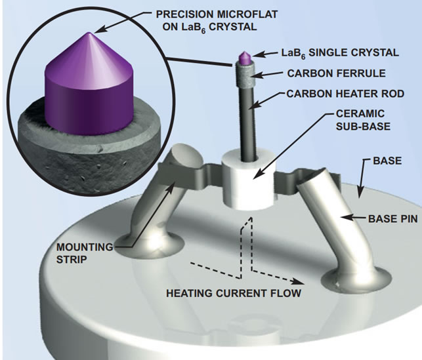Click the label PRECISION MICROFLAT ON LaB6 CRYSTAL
(x=217, y=21)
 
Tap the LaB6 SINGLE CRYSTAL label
(x=340, y=53)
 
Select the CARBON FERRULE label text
(x=337, y=73)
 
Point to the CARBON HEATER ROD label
(x=345, y=94)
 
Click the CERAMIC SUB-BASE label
(x=363, y=120)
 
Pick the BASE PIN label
(x=393, y=219)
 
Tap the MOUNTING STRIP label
(x=85, y=253)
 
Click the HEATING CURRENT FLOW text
(x=234, y=293)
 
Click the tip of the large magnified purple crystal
(x=89, y=33)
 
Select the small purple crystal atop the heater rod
(x=245, y=58)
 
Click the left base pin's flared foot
(x=149, y=245)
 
